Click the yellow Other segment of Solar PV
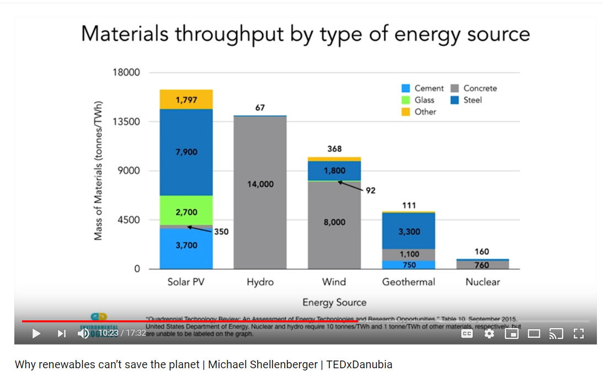[x=186, y=99]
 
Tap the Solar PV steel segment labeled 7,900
[x=186, y=152]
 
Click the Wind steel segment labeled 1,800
[x=334, y=170]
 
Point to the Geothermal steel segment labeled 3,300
[x=409, y=231]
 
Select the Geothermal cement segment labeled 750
[x=409, y=265]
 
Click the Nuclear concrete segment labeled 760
[x=483, y=265]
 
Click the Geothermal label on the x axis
[x=409, y=282]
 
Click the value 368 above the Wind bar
[x=334, y=149]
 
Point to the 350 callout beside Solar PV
[x=221, y=232]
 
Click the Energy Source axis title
[x=334, y=302]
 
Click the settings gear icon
[x=489, y=334]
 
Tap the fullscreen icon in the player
[x=578, y=334]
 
